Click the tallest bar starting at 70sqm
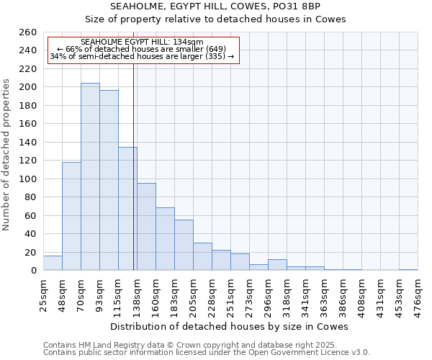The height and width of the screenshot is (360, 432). click(x=90, y=177)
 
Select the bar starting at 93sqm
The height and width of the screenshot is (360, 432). click(x=109, y=180)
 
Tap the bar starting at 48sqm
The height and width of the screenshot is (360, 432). click(x=71, y=216)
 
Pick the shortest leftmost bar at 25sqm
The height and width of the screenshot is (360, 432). click(x=53, y=263)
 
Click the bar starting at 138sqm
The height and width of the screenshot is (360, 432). click(x=146, y=227)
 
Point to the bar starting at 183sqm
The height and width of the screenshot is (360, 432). click(x=184, y=245)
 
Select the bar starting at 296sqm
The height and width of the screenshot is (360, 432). click(x=277, y=265)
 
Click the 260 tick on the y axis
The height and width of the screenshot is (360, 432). click(x=27, y=32)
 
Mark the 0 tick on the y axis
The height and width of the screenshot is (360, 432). click(x=33, y=271)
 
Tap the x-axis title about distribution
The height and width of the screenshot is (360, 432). click(x=229, y=326)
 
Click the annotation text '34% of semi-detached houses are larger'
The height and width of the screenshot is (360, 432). click(x=142, y=56)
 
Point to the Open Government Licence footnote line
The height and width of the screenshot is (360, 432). click(x=207, y=353)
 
